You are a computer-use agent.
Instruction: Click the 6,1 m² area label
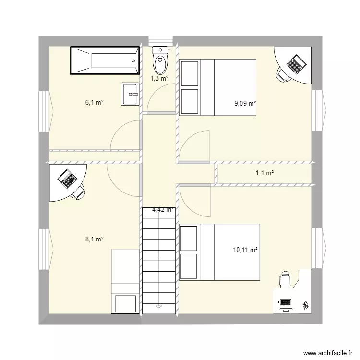coord(95,102)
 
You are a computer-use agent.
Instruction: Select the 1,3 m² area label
coord(159,78)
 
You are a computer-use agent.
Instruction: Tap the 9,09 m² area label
coord(245,103)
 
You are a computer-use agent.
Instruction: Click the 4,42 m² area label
coord(163,209)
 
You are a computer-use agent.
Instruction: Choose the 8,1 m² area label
coord(95,239)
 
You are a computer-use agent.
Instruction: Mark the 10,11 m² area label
coord(245,250)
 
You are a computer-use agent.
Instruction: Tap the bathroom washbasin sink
coord(130,94)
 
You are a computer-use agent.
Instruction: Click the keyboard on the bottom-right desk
coord(286,302)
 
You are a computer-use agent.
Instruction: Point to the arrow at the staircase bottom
coord(158,305)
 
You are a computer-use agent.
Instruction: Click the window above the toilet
coord(159,41)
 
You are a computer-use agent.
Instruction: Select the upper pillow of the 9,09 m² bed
coord(190,73)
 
